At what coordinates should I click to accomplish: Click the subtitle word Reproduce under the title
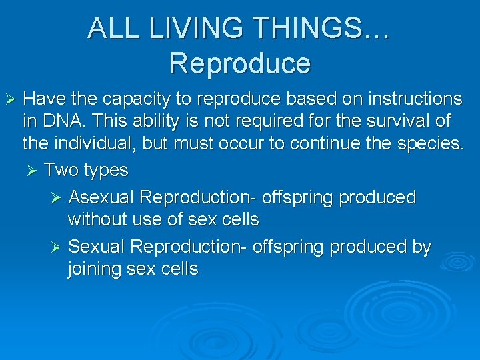[239, 63]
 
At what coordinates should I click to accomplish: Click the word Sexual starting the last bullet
[97, 247]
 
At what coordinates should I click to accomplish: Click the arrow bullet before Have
[9, 100]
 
